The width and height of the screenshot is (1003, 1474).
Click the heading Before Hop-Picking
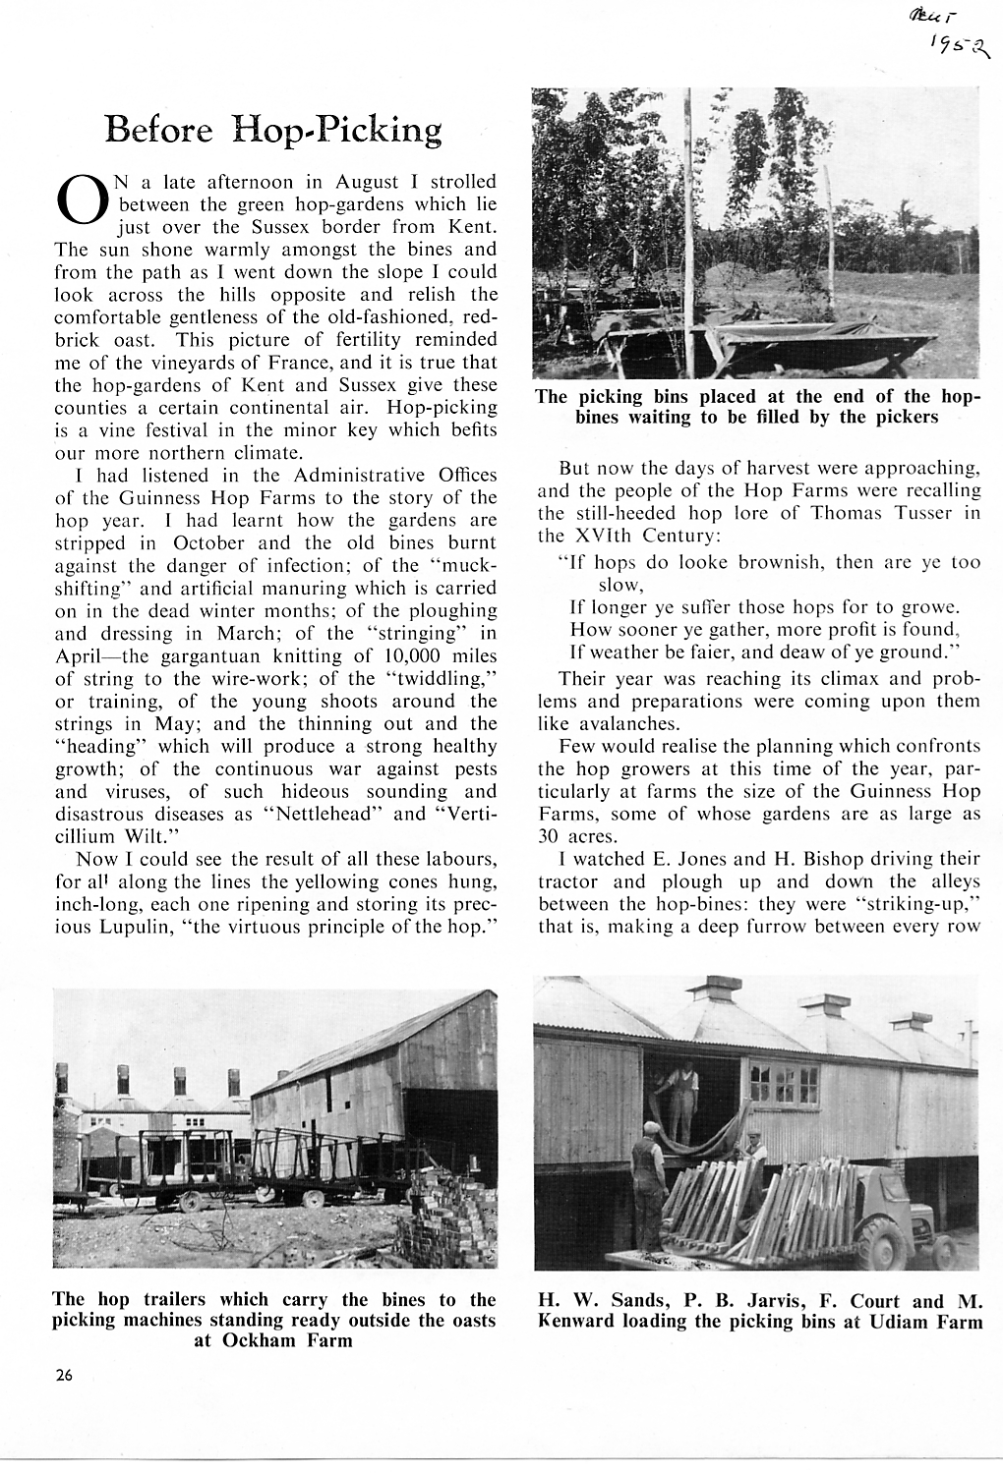(x=273, y=130)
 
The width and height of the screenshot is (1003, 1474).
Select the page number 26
(x=65, y=1375)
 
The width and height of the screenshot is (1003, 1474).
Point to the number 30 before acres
(x=549, y=836)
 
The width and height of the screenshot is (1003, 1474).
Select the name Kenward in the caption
(x=579, y=1321)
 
